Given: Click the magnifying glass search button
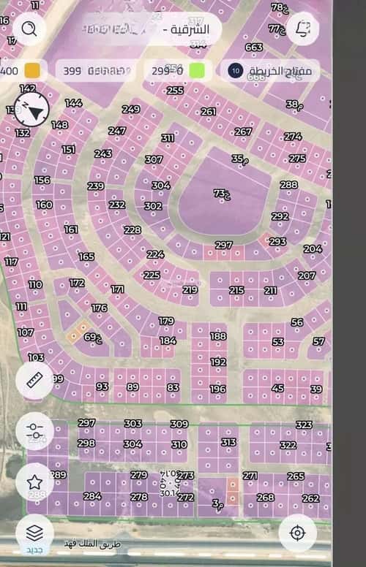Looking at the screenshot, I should tap(29, 28).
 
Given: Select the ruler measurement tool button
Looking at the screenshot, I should tap(34, 380).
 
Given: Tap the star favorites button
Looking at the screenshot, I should tap(34, 482).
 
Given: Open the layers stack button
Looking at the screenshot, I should tap(34, 532).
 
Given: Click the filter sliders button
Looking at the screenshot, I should tap(34, 430).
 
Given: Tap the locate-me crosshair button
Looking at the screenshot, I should tap(297, 532).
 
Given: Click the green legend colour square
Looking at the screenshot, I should tap(197, 71).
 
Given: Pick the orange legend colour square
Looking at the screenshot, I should tap(32, 71).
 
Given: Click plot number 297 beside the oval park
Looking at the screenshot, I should tap(223, 246).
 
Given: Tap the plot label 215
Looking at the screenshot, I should tap(236, 291).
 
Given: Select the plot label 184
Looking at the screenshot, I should tap(168, 340).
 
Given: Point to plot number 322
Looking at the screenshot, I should tap(288, 445).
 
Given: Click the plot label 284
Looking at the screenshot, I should tap(92, 496).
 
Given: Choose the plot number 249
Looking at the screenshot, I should tap(130, 110).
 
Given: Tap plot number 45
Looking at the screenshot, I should tap(277, 388).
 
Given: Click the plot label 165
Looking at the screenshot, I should tap(86, 256).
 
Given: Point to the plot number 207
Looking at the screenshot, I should tap(306, 275).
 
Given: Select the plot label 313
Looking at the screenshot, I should tap(228, 442).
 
